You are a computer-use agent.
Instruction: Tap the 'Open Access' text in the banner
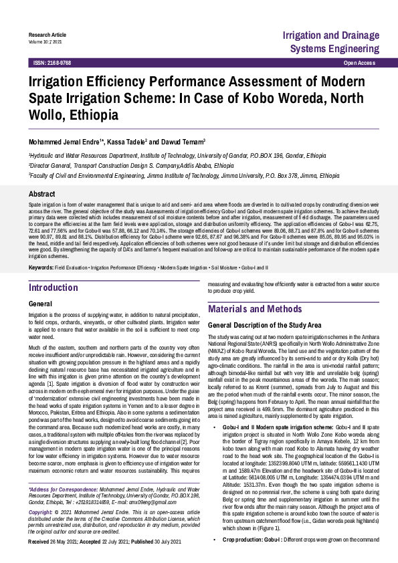click(359, 62)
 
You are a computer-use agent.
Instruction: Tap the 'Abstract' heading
click(41, 193)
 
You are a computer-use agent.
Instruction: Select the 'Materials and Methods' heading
click(255, 310)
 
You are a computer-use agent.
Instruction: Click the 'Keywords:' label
click(41, 268)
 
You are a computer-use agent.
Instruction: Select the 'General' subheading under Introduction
click(41, 304)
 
